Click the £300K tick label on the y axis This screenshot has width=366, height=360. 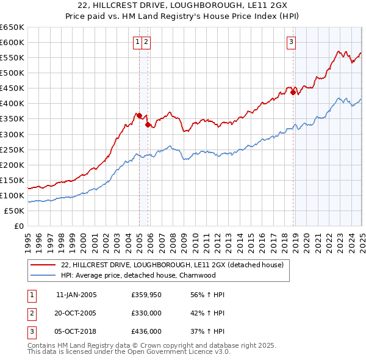click(x=12, y=134)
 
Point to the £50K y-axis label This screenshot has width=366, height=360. click(x=13, y=211)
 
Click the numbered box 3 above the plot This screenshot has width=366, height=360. click(x=292, y=42)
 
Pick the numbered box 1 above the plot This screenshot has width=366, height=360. click(x=138, y=42)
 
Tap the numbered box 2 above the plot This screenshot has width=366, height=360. click(x=147, y=42)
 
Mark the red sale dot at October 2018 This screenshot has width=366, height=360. click(x=293, y=92)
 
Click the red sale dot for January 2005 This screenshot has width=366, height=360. click(x=139, y=115)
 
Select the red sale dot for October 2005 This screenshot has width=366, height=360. click(x=148, y=124)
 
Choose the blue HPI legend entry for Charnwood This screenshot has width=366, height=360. click(x=138, y=275)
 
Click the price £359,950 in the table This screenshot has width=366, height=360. click(x=146, y=295)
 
